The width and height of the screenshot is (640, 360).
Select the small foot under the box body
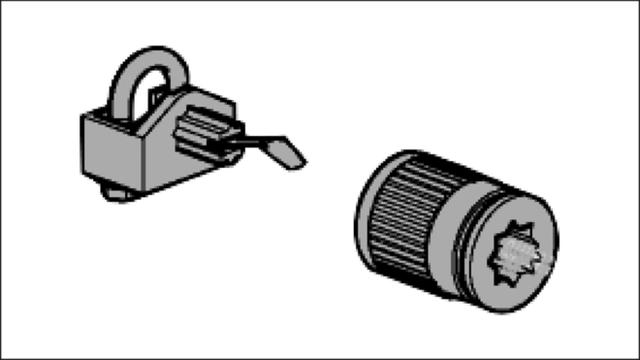pos(118,197)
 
